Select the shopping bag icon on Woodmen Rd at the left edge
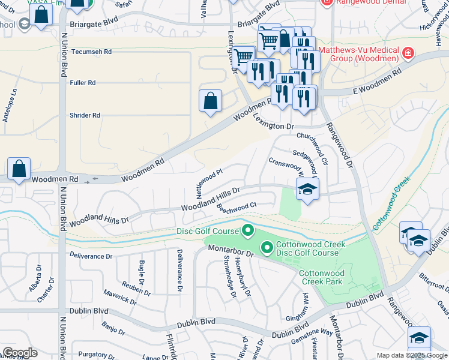tap(19, 170)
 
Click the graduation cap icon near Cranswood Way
tap(307, 190)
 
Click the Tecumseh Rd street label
tap(91, 52)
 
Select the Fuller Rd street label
tap(83, 83)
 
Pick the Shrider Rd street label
tap(85, 115)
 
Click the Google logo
tap(20, 353)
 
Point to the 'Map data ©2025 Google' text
tap(411, 355)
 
